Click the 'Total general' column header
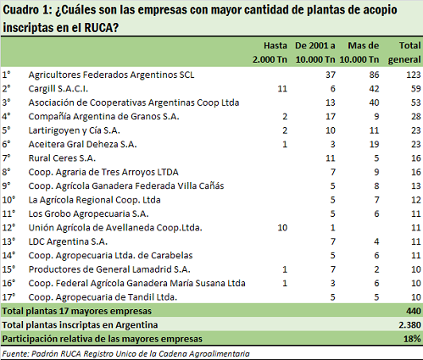coord(404,53)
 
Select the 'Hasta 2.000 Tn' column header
coord(270,53)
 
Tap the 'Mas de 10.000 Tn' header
coord(359,53)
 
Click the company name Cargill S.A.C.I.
coord(58,89)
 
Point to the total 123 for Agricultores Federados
coord(414,75)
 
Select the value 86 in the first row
coord(374,75)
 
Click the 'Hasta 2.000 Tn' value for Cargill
coord(282,89)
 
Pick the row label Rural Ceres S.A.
coord(62,158)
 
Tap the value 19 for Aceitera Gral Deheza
coord(374,144)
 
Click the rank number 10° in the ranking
coord(8,200)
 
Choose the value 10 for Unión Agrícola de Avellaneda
coord(282,228)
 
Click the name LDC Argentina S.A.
coord(68,241)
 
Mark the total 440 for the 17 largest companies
coord(414,311)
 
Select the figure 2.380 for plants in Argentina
coord(409,325)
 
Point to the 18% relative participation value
coord(412,339)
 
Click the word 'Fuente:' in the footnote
coord(15,354)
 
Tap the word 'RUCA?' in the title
coord(101,27)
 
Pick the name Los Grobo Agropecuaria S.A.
coord(88,213)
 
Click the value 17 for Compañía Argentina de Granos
coord(331,117)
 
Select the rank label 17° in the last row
coord(8,297)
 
